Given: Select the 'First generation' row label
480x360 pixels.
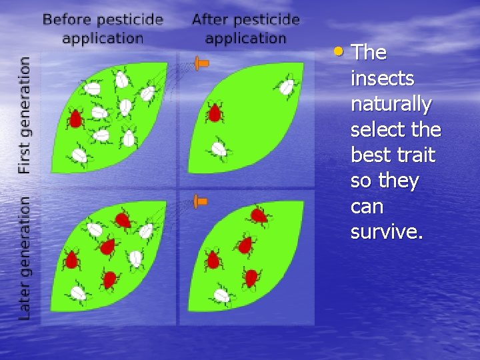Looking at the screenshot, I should coord(24,115).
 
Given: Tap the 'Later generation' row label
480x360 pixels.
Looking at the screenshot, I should coord(24,257).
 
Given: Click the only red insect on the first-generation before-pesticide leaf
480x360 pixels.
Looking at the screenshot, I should coord(75,119).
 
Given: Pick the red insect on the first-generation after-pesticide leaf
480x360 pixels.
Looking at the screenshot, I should coord(214,112).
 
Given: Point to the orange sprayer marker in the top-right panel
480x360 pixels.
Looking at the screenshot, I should coord(201,63).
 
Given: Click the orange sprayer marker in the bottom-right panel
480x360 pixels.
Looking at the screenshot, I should coord(200,200).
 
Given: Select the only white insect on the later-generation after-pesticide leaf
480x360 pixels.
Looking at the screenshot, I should coord(221,295).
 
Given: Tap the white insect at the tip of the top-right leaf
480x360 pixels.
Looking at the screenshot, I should coord(287,87).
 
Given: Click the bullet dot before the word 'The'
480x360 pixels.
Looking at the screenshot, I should coord(340,51).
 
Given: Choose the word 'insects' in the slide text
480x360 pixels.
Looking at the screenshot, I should coord(382,79).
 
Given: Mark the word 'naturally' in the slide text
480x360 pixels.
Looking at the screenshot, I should coord(391,105).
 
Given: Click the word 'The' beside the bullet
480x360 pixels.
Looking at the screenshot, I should coord(369,53).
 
